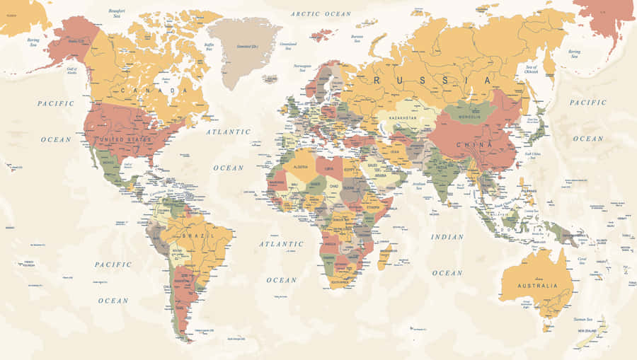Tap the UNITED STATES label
point(126,139)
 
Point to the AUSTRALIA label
point(536,286)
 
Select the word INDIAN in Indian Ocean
point(447,237)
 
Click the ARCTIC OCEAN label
point(321,13)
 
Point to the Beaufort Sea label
point(117,14)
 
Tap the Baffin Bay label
point(209,48)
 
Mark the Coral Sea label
point(582,260)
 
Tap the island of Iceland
point(270,79)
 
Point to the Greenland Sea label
point(288,47)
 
